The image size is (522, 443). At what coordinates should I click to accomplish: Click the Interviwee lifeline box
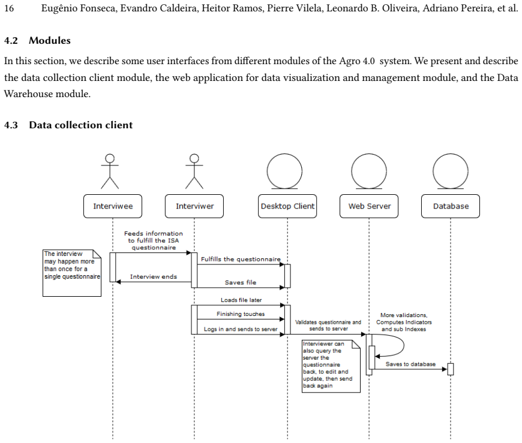(113, 206)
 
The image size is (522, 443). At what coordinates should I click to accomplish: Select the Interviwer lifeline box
(194, 206)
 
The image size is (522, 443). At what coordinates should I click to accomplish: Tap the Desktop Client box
(287, 206)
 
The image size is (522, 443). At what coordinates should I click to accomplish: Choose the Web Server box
(369, 206)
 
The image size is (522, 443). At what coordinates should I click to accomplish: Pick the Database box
(451, 206)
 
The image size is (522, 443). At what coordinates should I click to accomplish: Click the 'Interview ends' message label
(154, 277)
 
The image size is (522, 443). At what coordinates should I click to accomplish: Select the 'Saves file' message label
(241, 282)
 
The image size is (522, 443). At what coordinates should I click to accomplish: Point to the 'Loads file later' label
(241, 300)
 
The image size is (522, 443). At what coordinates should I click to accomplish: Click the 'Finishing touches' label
(241, 314)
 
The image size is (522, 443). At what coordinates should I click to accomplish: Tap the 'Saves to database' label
(410, 364)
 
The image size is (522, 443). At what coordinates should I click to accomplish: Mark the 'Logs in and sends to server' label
(241, 329)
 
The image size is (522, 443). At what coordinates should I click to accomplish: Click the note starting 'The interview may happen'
(72, 273)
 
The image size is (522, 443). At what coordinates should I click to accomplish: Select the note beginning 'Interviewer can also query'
(331, 366)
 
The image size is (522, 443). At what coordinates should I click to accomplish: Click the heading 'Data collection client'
(80, 125)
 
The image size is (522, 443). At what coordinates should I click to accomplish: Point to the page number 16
(9, 8)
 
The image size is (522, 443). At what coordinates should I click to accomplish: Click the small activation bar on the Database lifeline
(451, 369)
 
